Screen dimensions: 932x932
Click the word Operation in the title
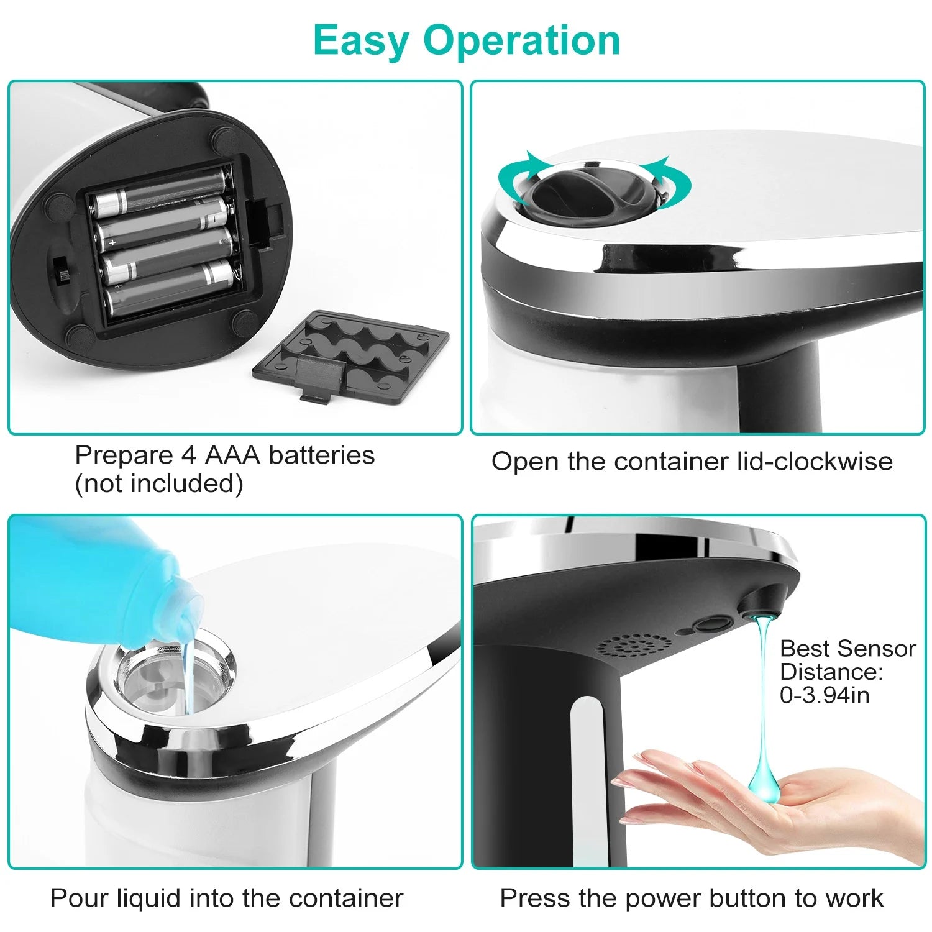point(522,40)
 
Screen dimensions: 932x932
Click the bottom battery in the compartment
point(168,289)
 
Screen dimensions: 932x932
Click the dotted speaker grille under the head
point(634,646)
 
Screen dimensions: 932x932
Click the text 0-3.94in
point(824,695)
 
